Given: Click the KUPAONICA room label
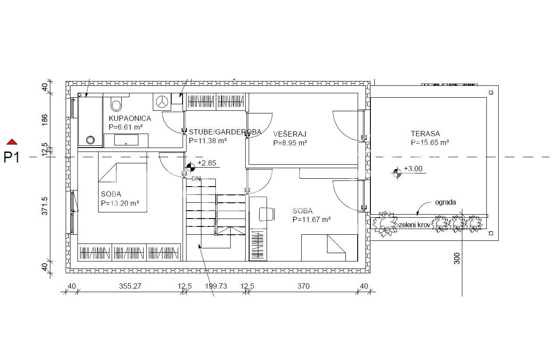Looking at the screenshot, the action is [130, 118].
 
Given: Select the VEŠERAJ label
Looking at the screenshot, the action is [290, 134].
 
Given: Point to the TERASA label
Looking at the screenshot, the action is [425, 134].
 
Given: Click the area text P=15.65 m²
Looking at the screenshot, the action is [429, 142].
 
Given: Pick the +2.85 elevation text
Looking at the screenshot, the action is [207, 163].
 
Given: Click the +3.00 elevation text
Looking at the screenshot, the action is [413, 169].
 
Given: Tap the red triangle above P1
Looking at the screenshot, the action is [12, 142].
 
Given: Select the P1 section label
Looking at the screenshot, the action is [11, 157].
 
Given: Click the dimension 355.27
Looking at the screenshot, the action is [130, 286].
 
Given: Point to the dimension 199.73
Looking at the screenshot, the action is [216, 286].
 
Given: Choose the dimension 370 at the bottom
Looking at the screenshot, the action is [303, 286].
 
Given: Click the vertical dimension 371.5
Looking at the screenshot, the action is [44, 206].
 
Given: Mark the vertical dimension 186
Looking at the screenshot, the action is [44, 120].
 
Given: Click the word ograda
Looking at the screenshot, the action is [445, 202].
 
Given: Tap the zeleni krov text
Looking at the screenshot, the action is [414, 225].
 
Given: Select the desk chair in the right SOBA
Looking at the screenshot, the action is [267, 214].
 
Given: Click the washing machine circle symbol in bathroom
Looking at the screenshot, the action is [162, 102].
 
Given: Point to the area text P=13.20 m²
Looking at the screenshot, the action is [120, 203].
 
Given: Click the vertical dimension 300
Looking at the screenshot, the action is [457, 258].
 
